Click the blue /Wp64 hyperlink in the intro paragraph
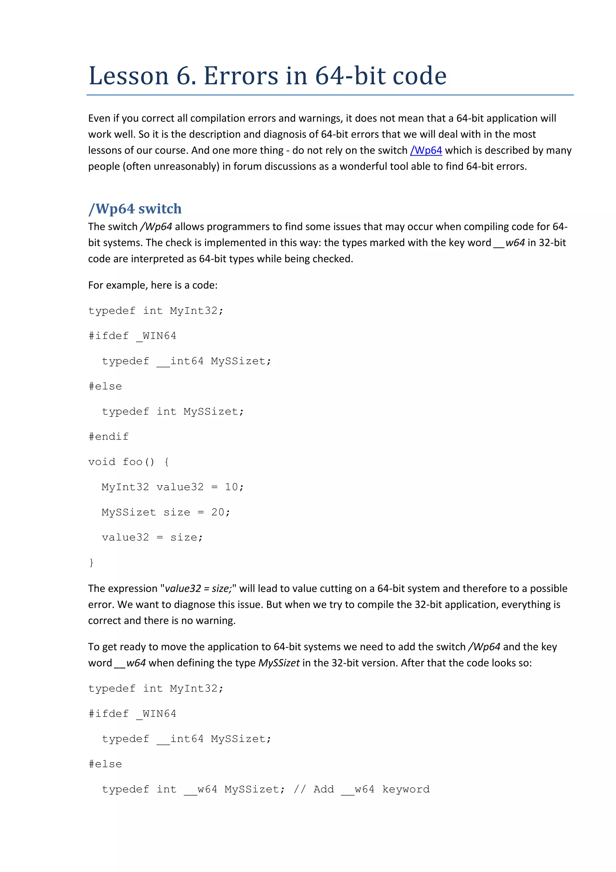pos(426,150)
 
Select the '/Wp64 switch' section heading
pos(135,209)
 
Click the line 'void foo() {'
pos(129,462)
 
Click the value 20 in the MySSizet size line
pos(217,512)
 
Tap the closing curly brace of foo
pos(91,562)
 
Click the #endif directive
pos(109,437)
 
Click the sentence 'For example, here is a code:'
pos(152,285)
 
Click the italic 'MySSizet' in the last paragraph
pos(279,663)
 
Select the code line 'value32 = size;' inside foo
pos(152,537)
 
